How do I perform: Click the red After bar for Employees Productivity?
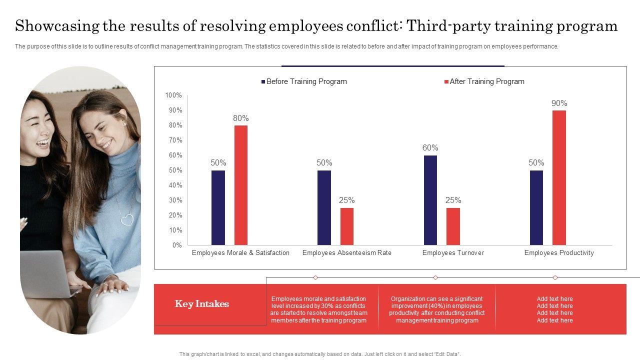pyautogui.click(x=559, y=177)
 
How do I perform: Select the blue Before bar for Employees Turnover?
pyautogui.click(x=430, y=200)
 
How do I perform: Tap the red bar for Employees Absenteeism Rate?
pyautogui.click(x=347, y=226)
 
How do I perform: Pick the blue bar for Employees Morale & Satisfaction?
pyautogui.click(x=218, y=207)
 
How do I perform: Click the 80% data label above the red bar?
pyautogui.click(x=240, y=118)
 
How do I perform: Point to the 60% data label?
pyautogui.click(x=430, y=147)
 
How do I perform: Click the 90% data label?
pyautogui.click(x=559, y=103)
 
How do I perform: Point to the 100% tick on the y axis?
pyautogui.click(x=173, y=95)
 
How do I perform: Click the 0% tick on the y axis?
pyautogui.click(x=177, y=245)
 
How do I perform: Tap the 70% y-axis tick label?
pyautogui.click(x=175, y=140)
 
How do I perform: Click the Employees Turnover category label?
pyautogui.click(x=453, y=252)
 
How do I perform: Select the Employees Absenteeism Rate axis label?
pyautogui.click(x=346, y=252)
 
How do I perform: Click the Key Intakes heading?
pyautogui.click(x=202, y=304)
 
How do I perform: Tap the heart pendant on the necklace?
pyautogui.click(x=127, y=219)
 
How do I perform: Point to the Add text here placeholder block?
pyautogui.click(x=554, y=309)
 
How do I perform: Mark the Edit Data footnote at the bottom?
pyautogui.click(x=320, y=354)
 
